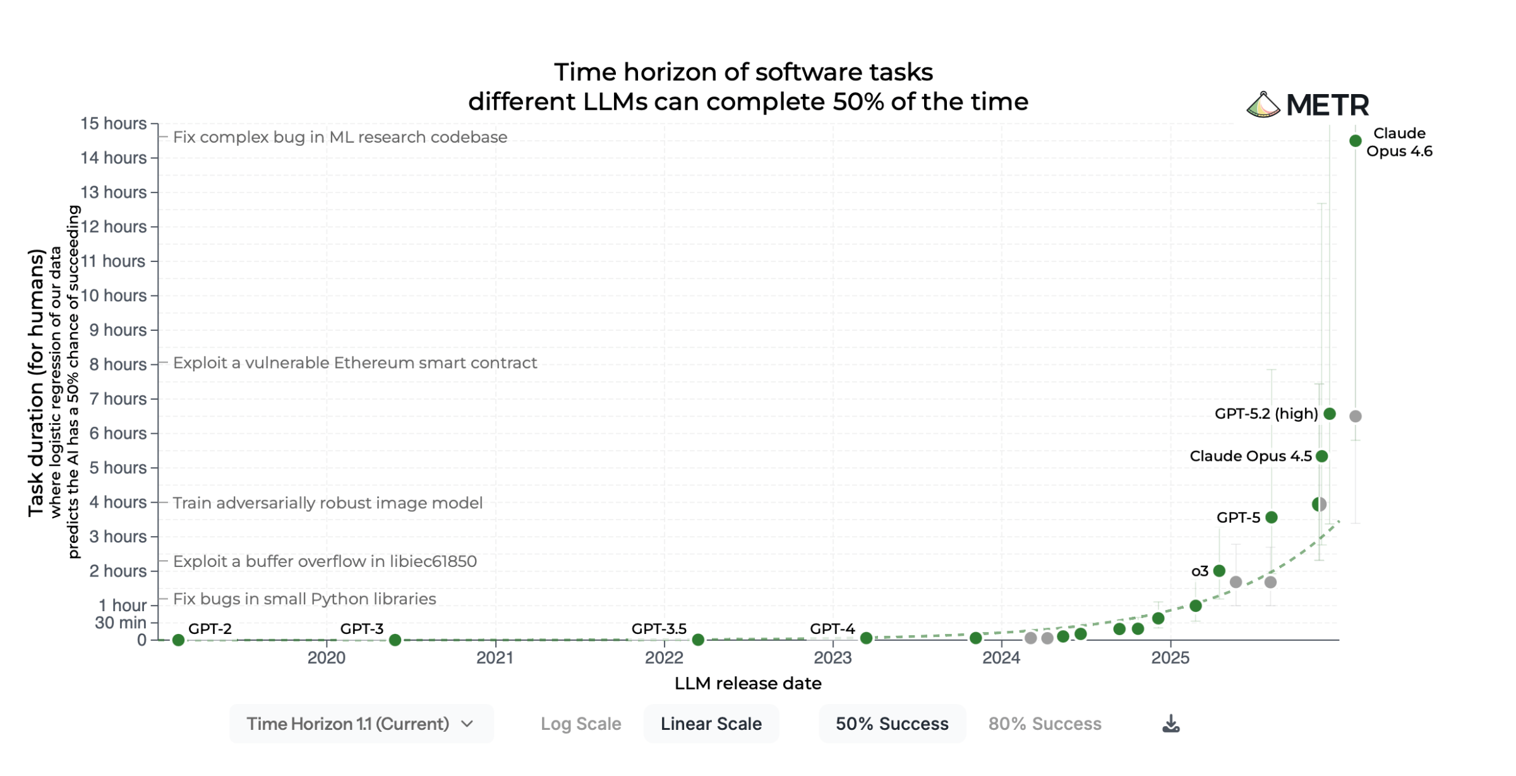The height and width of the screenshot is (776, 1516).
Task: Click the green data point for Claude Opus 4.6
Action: (1355, 141)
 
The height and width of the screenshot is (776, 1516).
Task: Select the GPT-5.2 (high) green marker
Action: (1330, 414)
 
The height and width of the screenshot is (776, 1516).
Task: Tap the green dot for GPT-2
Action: (178, 640)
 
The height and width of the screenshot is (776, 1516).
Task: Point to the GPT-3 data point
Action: (395, 640)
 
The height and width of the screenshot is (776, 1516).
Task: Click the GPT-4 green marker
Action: (866, 638)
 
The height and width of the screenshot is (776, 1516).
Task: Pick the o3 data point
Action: (1219, 571)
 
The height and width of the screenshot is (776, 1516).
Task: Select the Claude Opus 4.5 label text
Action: (1250, 456)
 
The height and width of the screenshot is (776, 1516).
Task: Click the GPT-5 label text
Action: (1237, 518)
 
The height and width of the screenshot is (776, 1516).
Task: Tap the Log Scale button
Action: (581, 724)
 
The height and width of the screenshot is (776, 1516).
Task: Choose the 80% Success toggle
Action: (1044, 724)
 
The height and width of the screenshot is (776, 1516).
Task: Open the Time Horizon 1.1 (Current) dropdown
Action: (361, 724)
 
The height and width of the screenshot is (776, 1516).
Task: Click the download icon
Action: (1170, 724)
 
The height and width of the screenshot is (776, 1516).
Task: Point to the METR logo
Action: (1308, 105)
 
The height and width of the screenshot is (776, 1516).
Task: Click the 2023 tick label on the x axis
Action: (833, 658)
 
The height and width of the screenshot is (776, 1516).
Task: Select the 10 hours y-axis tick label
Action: (114, 295)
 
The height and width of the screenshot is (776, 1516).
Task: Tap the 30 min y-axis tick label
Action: (120, 623)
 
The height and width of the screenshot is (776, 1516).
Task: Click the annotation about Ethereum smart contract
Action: (354, 362)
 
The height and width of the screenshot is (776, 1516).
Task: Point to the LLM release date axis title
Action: (748, 683)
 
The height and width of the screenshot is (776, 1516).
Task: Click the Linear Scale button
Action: (711, 724)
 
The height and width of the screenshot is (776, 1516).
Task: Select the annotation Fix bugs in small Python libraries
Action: (304, 599)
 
